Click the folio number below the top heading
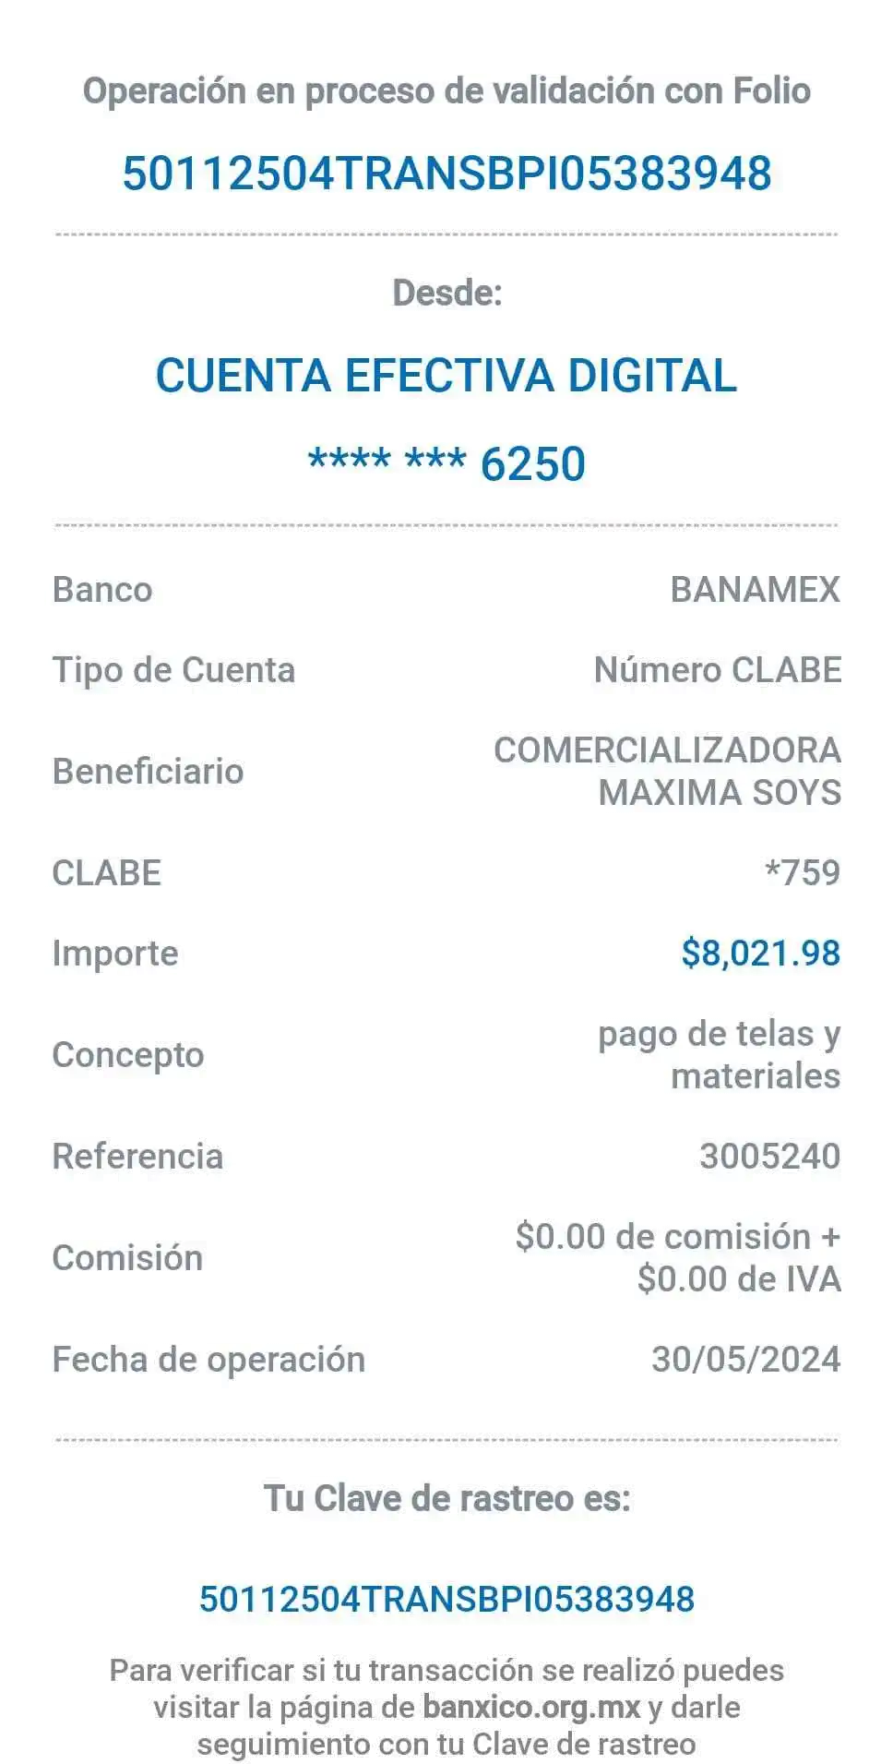[446, 173]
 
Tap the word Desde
[446, 293]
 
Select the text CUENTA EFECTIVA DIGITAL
[446, 375]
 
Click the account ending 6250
[446, 463]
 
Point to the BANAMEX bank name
[755, 589]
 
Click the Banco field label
[102, 589]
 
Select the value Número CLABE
[717, 670]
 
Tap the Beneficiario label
[148, 771]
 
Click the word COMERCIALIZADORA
[667, 750]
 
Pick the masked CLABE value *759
[803, 872]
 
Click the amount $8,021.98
[760, 953]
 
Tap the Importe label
[115, 953]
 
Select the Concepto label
[127, 1054]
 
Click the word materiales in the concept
[755, 1076]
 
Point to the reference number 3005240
[769, 1156]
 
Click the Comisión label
[127, 1257]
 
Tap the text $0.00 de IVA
[738, 1279]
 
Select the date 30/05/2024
[745, 1359]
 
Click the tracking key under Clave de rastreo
[446, 1598]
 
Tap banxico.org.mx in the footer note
[531, 1707]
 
